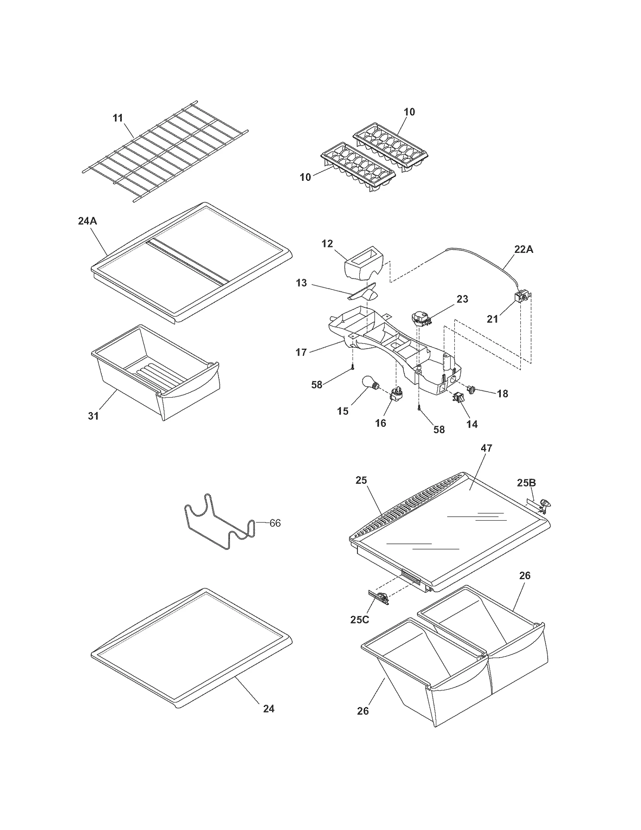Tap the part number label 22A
tap(524, 249)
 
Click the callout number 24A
tap(87, 221)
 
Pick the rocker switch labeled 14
tap(457, 397)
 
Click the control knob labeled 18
tap(472, 388)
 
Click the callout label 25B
tap(526, 483)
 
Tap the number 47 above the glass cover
tap(486, 448)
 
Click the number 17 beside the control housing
tap(301, 352)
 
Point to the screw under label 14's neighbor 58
tap(419, 408)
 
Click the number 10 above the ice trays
tap(409, 112)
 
